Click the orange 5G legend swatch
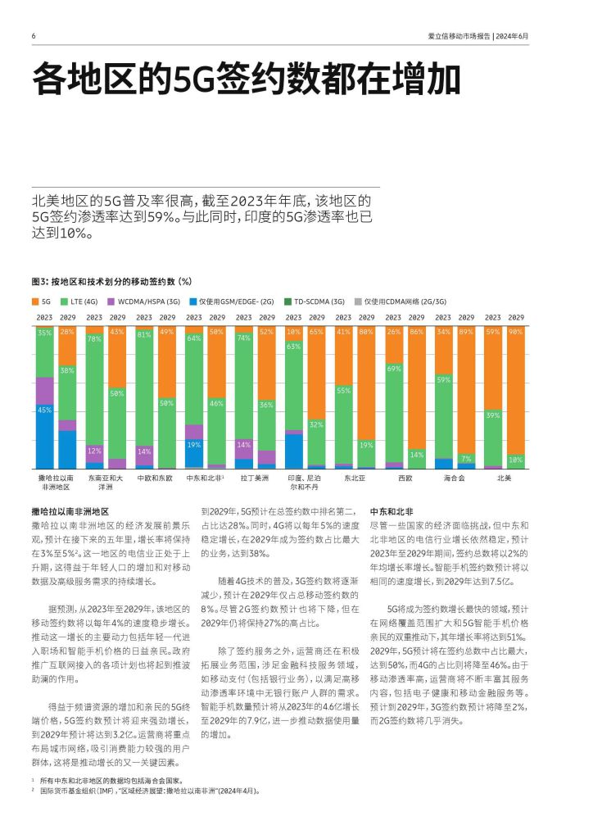[35, 302]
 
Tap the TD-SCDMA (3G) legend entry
[315, 302]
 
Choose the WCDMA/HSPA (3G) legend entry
[144, 302]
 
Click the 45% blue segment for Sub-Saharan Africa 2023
[45, 437]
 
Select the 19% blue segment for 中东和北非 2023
[194, 454]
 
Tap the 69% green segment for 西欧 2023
[393, 413]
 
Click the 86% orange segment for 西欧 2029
[417, 388]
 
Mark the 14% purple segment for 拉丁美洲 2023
[244, 449]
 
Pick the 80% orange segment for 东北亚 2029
[366, 383]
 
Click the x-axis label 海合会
[455, 478]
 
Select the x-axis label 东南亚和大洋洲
[106, 482]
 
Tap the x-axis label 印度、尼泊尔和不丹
[304, 482]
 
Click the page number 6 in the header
[34, 36]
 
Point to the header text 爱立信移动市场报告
[459, 36]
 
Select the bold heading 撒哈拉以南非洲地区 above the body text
[70, 511]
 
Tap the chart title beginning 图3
[111, 282]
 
